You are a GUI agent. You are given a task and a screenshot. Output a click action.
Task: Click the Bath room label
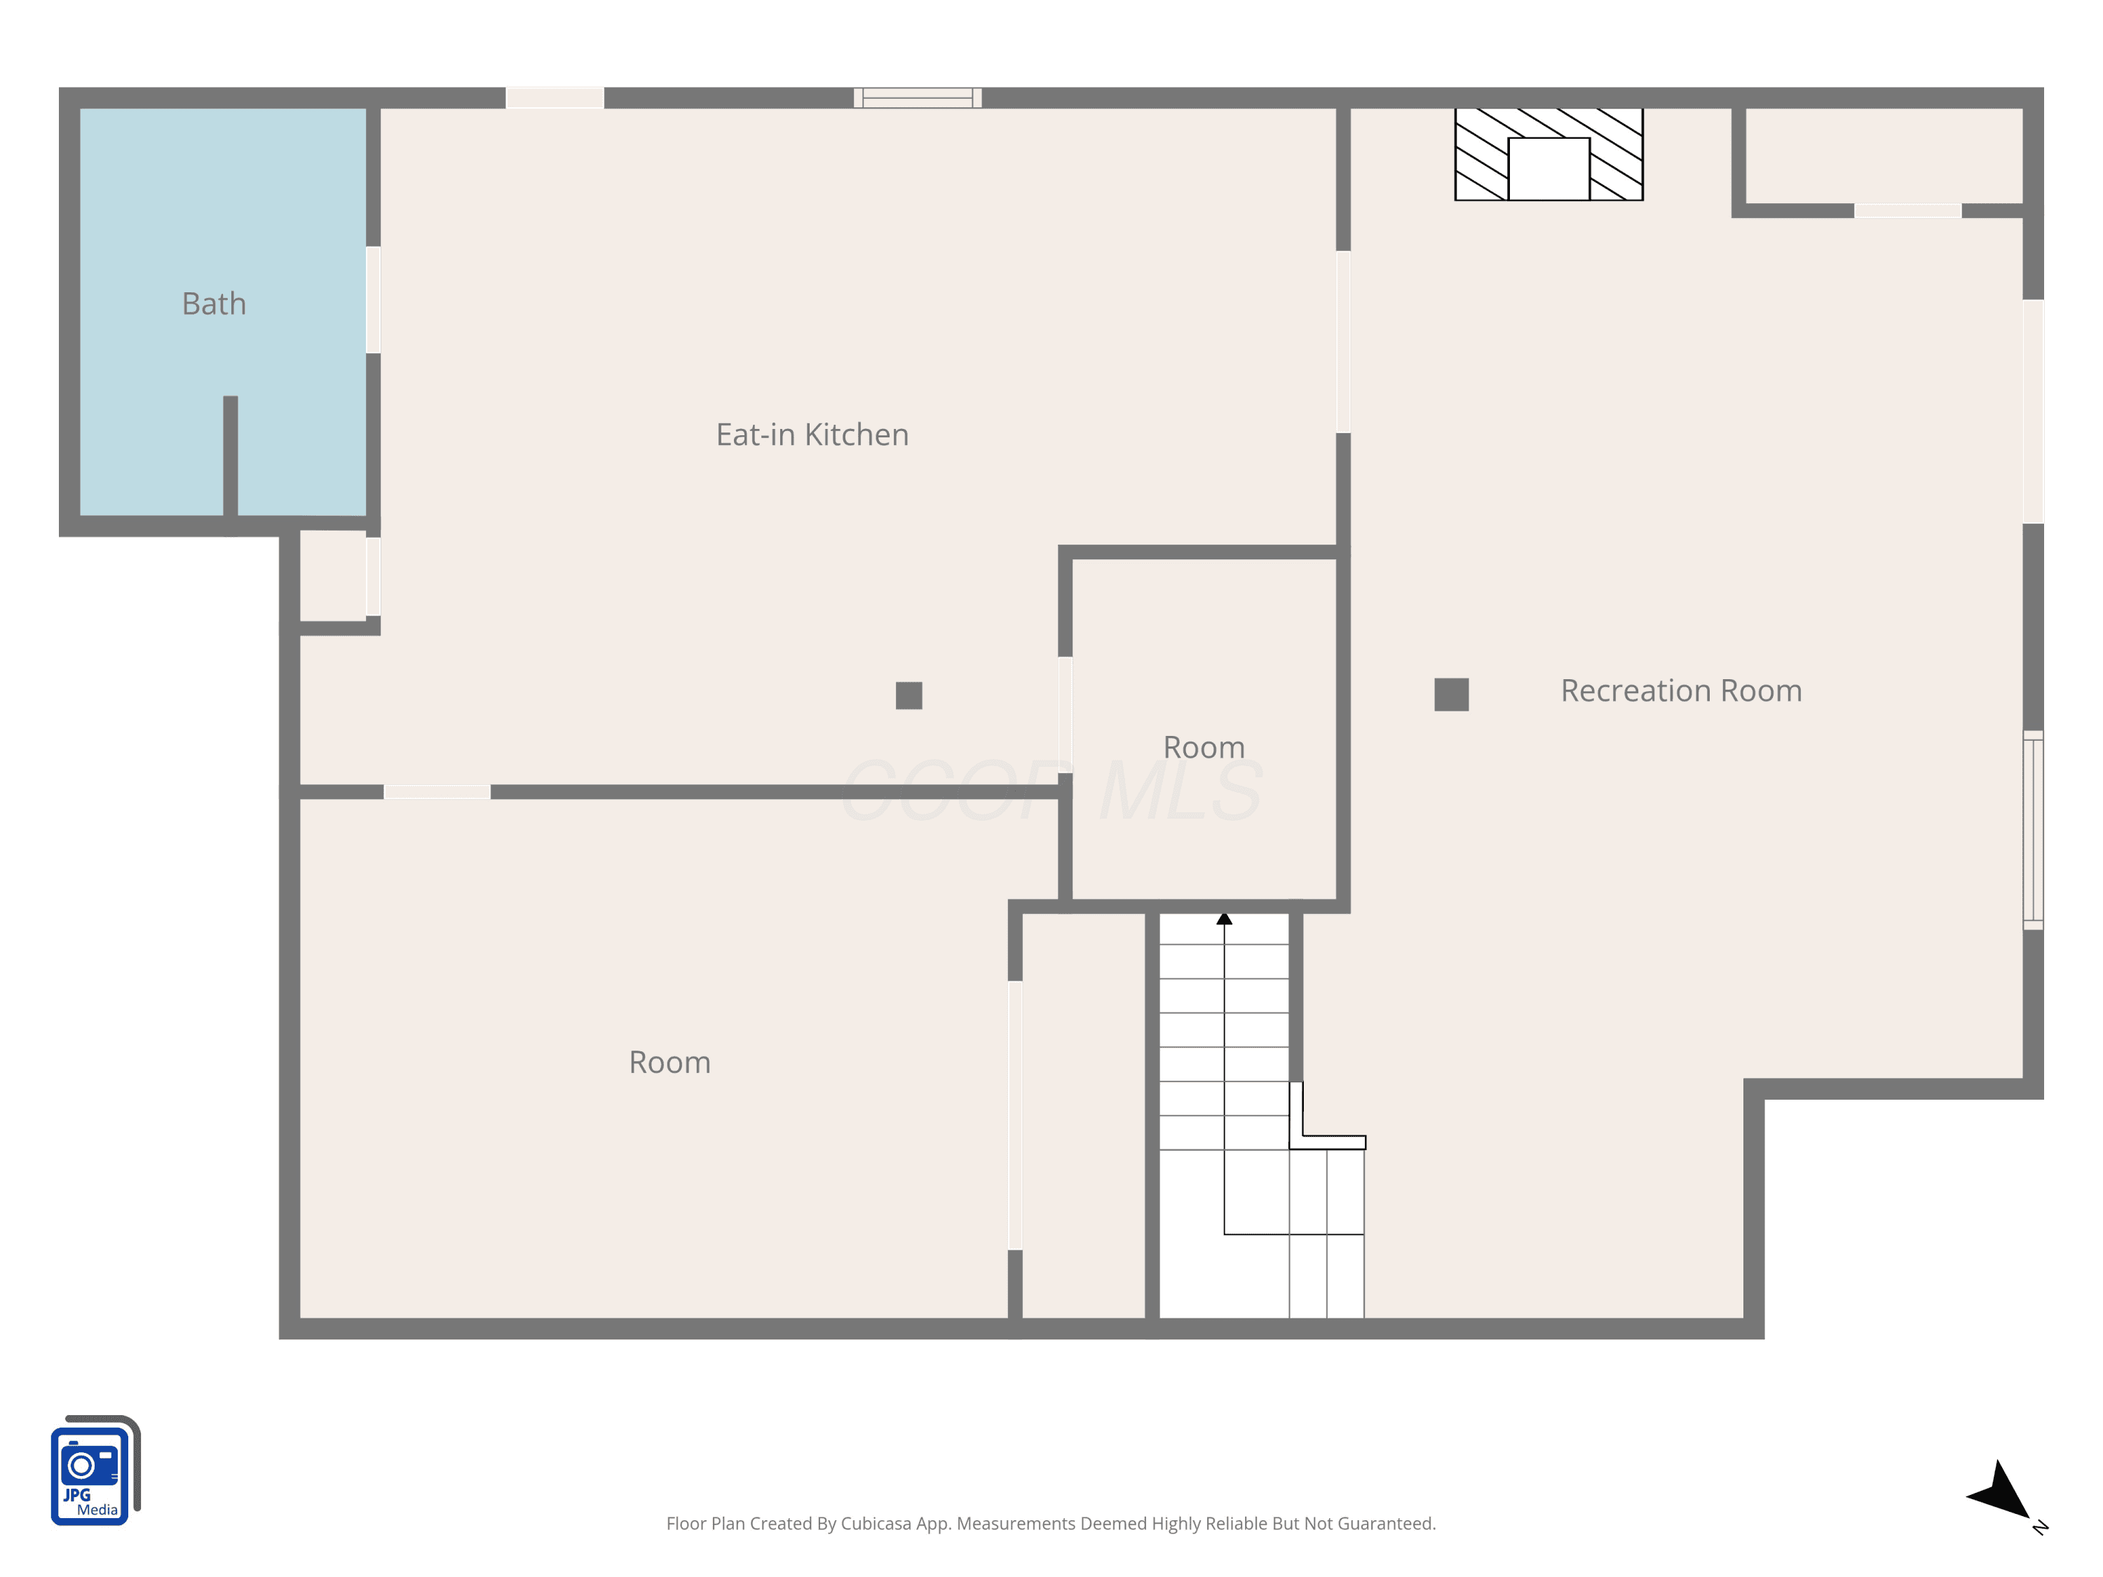[x=214, y=304]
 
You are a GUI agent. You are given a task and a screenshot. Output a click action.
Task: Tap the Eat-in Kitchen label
[x=812, y=435]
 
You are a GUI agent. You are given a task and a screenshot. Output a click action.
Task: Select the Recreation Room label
[x=1681, y=690]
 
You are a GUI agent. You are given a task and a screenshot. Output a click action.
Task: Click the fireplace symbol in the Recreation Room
[x=1549, y=154]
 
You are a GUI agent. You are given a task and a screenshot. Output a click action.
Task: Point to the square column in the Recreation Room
[x=1451, y=695]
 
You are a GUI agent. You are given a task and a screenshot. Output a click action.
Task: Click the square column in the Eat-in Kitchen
[x=909, y=696]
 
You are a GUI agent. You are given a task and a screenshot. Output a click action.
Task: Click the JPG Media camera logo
[x=95, y=1470]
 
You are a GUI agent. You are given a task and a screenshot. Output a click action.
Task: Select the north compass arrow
[x=2001, y=1491]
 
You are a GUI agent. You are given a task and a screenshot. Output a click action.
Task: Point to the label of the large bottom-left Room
[x=669, y=1062]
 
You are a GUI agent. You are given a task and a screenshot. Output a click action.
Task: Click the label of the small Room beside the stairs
[x=1204, y=747]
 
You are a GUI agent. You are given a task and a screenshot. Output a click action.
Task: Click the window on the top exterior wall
[x=918, y=98]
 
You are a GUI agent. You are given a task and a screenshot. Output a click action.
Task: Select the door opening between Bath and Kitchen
[x=374, y=301]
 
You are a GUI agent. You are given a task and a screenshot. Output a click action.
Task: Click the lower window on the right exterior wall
[x=2033, y=830]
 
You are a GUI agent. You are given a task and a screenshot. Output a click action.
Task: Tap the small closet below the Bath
[x=333, y=576]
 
